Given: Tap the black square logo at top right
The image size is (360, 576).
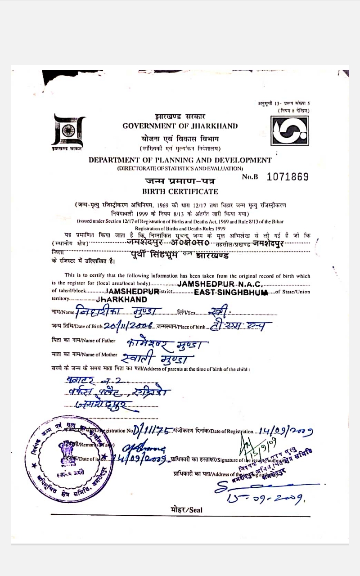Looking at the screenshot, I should pos(289,130).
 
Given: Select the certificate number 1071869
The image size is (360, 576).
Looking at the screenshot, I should pos(288,177).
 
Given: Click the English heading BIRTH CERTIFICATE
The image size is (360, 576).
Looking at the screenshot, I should pos(180,191).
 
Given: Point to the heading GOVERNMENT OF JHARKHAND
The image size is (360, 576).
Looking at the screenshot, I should pos(180,126).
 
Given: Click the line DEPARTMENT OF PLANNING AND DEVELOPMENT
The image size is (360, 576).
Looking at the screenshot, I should pos(180,160).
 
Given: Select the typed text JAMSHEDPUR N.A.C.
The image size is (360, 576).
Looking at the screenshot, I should pos(219,284).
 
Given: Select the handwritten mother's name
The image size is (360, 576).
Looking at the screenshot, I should pos(157,359).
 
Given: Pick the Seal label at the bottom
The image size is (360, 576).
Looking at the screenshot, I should pos(187,509).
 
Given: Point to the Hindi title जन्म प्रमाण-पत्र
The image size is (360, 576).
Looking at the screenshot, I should pos(180,181).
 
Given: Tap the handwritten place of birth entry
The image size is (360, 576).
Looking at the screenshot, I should pos(238,325).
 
